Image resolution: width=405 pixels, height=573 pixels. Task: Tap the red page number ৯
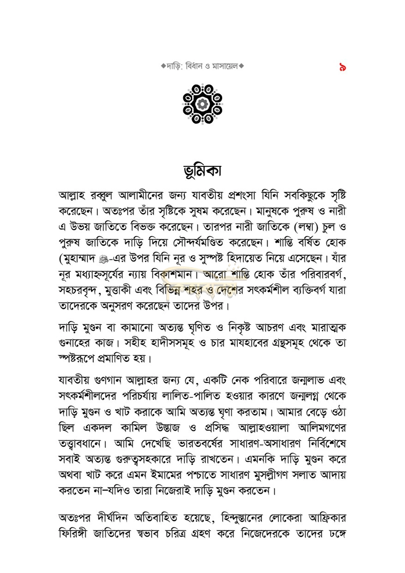pos(343,68)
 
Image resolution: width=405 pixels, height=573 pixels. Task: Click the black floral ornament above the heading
pos(202,104)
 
